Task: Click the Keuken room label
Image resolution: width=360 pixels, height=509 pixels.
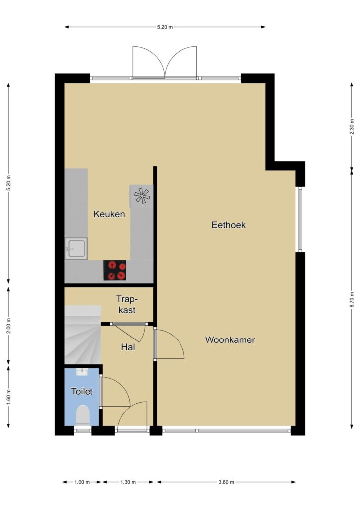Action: point(109,214)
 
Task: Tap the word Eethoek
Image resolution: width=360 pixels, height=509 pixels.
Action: point(229,225)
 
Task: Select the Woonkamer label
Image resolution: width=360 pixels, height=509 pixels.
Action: point(230,340)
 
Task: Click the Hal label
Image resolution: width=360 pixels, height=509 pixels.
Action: point(128,347)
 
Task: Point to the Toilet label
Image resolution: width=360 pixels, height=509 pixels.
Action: point(82,391)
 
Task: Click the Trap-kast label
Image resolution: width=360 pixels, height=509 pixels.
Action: point(127,304)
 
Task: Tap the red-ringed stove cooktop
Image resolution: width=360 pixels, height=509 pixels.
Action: point(115,271)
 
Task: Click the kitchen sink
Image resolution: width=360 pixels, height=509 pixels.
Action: point(76,249)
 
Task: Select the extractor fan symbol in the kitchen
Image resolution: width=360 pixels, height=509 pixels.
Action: point(142,196)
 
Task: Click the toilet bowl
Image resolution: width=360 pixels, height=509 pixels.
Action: point(83,415)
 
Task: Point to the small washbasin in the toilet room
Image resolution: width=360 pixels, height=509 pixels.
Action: point(82,372)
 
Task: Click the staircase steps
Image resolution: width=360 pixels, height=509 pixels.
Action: point(83,335)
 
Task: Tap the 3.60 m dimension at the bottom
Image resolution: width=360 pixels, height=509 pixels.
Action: point(226,482)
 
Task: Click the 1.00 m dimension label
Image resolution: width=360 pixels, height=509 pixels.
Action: point(82,482)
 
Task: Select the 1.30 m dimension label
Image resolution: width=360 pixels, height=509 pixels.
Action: point(128,482)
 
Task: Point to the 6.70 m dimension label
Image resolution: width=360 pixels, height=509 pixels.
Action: point(352,300)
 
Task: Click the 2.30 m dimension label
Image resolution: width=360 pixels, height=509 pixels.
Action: point(352,127)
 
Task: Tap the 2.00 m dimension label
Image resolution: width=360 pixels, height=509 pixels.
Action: point(9,326)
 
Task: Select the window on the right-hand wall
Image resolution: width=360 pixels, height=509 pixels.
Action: point(300,219)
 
